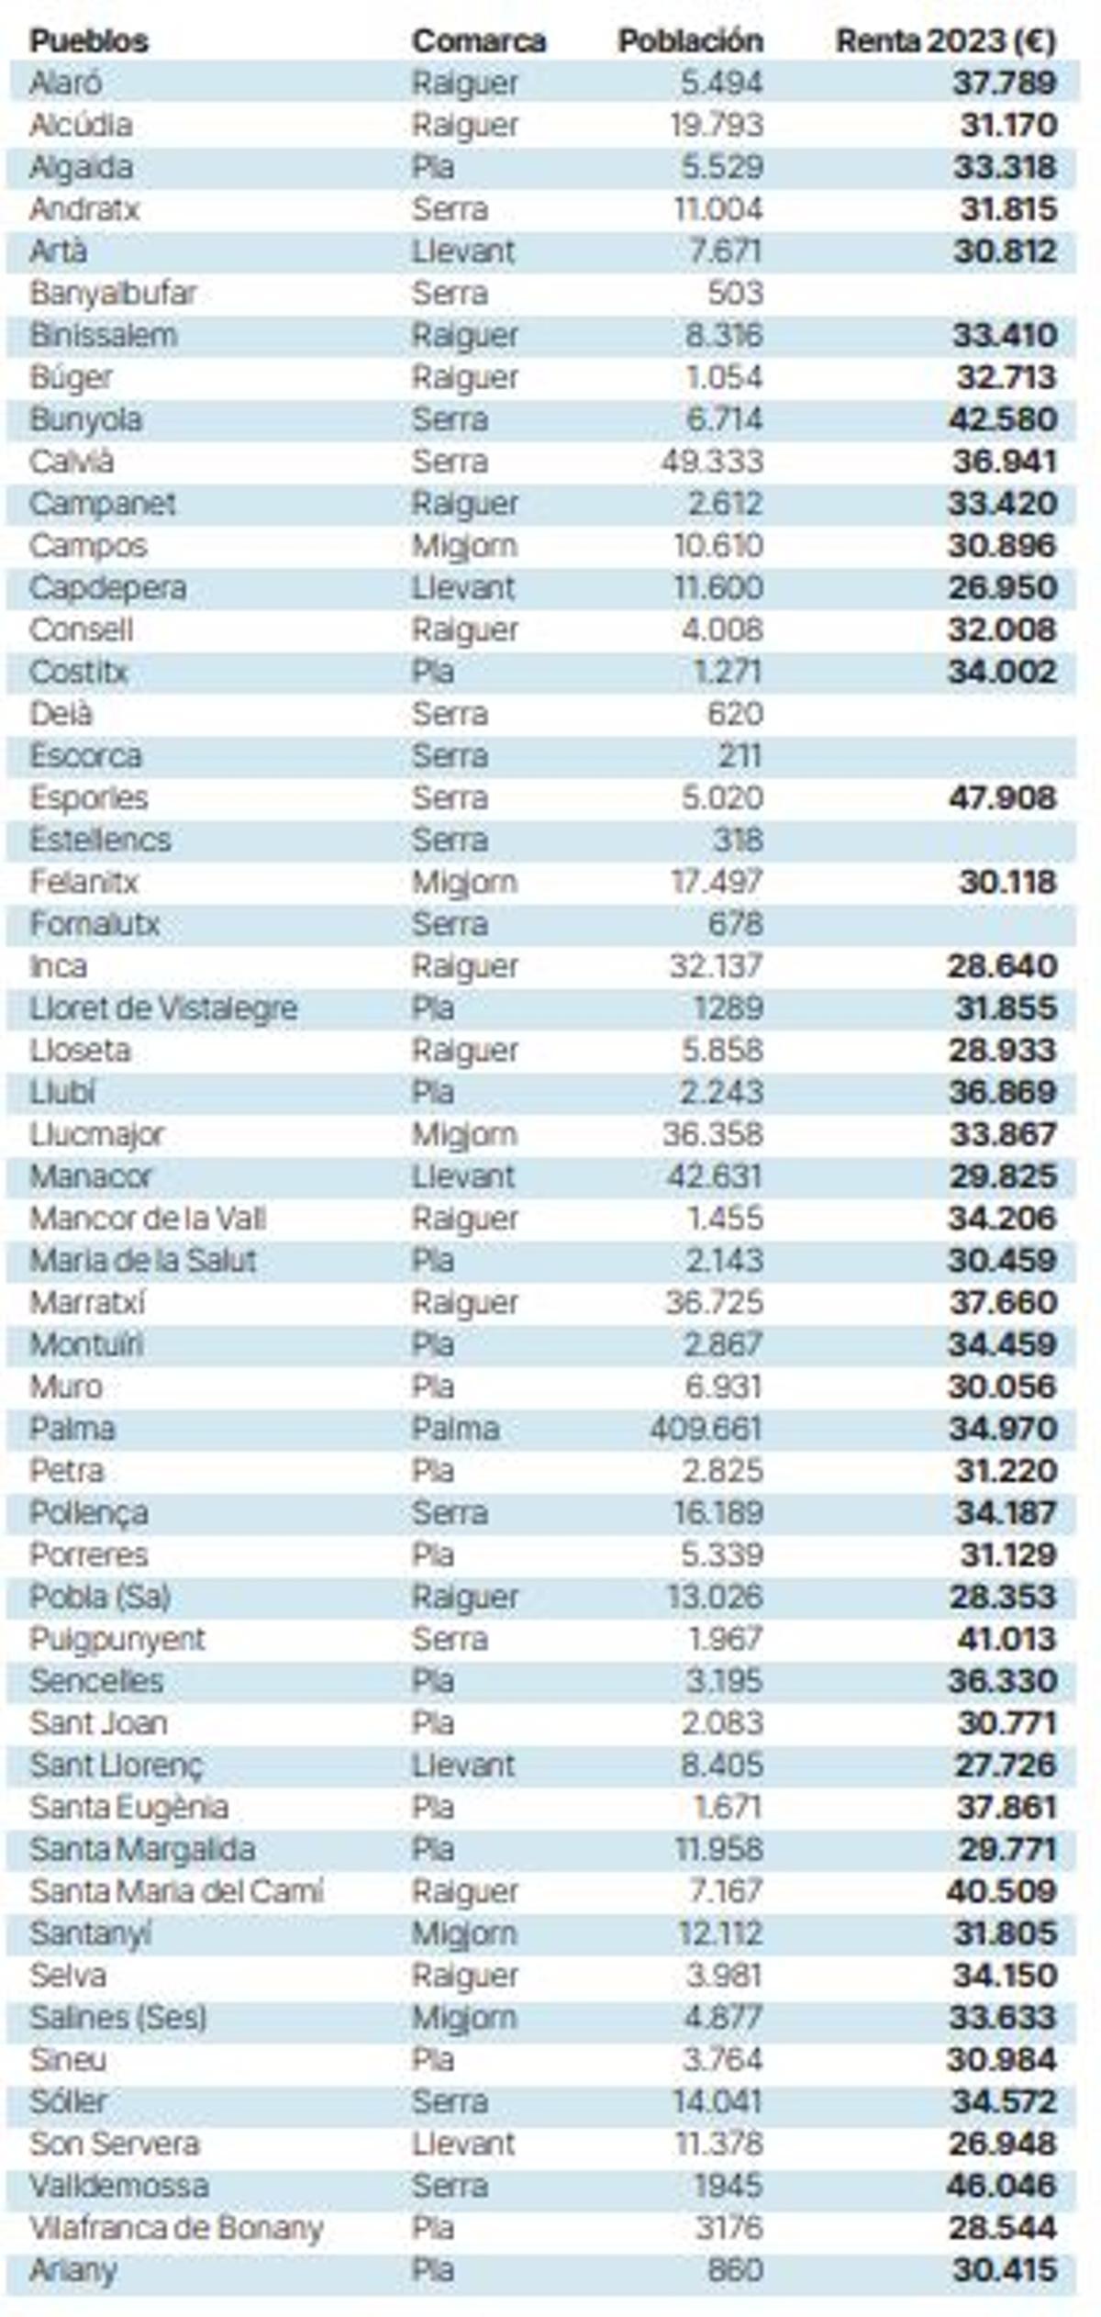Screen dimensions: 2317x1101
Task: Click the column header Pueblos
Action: pyautogui.click(x=88, y=41)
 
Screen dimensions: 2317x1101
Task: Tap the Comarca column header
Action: pyautogui.click(x=478, y=41)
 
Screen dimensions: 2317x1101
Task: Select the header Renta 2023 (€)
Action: pyautogui.click(x=946, y=41)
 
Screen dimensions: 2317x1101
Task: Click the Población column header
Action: pyautogui.click(x=690, y=41)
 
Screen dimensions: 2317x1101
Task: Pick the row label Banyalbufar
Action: pyautogui.click(x=113, y=294)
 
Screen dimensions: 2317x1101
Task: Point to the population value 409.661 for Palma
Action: pyautogui.click(x=706, y=1429)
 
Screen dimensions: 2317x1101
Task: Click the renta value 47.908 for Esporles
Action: pyautogui.click(x=1002, y=798)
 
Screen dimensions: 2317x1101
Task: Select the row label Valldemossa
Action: pyautogui.click(x=118, y=2186)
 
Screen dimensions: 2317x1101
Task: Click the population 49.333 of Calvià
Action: pyautogui.click(x=712, y=462)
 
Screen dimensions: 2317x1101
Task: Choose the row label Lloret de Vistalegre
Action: pyautogui.click(x=163, y=1008)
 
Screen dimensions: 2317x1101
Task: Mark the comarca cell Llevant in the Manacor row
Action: pyautogui.click(x=462, y=1176)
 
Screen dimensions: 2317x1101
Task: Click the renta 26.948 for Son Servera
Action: pyautogui.click(x=1002, y=2144)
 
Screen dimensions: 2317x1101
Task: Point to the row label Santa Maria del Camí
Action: pyautogui.click(x=176, y=1891)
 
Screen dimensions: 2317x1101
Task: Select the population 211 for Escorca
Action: pyautogui.click(x=740, y=756)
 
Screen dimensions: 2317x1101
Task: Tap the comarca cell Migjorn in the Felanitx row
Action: pyautogui.click(x=464, y=883)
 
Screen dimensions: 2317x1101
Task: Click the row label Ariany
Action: pyautogui.click(x=72, y=2270)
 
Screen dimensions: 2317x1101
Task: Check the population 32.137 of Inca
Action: pyautogui.click(x=716, y=966)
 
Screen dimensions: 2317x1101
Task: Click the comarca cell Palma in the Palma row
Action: pyautogui.click(x=455, y=1429)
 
